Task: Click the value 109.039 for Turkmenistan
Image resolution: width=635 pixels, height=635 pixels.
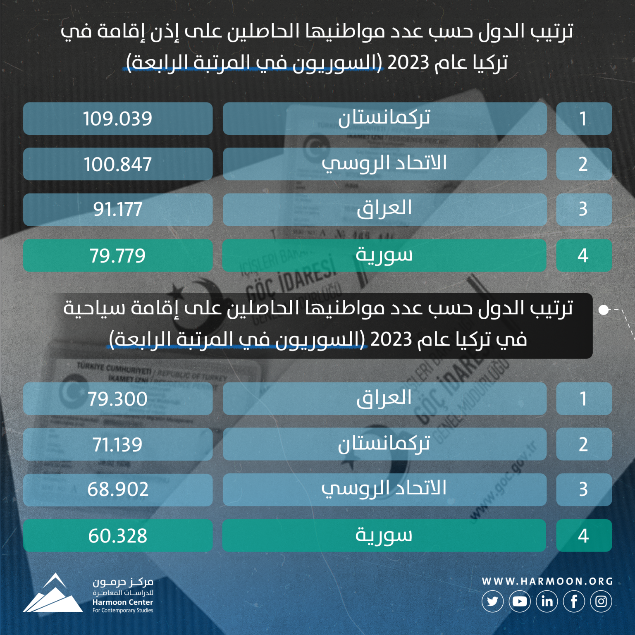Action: pyautogui.click(x=118, y=119)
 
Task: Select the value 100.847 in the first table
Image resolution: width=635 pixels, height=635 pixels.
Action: pyautogui.click(x=118, y=164)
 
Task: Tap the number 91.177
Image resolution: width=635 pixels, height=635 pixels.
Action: pyautogui.click(x=118, y=209)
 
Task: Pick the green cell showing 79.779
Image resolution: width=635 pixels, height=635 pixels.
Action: pyautogui.click(x=118, y=255)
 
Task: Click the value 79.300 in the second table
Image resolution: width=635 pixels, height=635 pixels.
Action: pyautogui.click(x=118, y=399)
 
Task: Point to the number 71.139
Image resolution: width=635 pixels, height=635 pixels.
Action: pyautogui.click(x=118, y=444)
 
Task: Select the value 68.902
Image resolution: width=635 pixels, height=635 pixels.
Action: pyautogui.click(x=118, y=489)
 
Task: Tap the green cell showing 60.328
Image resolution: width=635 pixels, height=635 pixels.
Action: pyautogui.click(x=118, y=536)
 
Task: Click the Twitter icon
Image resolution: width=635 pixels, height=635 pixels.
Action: pyautogui.click(x=492, y=601)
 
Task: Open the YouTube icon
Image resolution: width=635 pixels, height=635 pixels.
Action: pyautogui.click(x=520, y=601)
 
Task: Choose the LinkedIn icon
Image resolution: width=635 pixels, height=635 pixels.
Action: pyautogui.click(x=547, y=601)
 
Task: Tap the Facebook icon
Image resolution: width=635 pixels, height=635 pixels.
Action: pyautogui.click(x=574, y=601)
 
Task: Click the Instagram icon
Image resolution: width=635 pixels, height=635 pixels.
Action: pyautogui.click(x=601, y=601)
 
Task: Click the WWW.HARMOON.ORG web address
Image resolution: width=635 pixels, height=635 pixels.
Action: pyautogui.click(x=547, y=581)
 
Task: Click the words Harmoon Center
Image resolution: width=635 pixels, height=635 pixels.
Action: pyautogui.click(x=123, y=602)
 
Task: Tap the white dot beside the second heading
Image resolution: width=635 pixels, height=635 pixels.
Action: pyautogui.click(x=604, y=310)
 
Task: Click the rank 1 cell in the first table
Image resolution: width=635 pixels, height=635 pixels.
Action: pyautogui.click(x=584, y=119)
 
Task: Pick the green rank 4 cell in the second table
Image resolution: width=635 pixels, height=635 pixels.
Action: pyautogui.click(x=584, y=536)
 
